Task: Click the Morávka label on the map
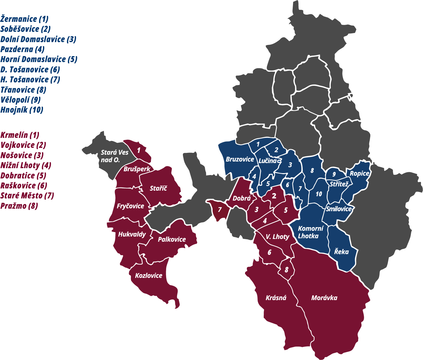(x=324, y=298)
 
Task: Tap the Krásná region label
(x=276, y=298)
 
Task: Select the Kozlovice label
(x=148, y=275)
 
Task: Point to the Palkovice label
(x=172, y=239)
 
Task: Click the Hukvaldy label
(x=132, y=234)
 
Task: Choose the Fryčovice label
(x=130, y=206)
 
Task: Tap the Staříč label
(x=158, y=188)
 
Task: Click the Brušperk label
(x=137, y=169)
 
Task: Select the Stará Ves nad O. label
(x=114, y=156)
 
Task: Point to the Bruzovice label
(x=240, y=159)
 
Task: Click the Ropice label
(x=359, y=173)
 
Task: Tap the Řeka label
(x=341, y=252)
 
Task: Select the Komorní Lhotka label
(x=310, y=232)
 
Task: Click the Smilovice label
(x=339, y=209)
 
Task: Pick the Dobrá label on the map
(x=242, y=198)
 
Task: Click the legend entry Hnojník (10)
(x=22, y=110)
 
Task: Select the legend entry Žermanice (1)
(x=24, y=19)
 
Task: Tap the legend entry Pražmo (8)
(x=19, y=206)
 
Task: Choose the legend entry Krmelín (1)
(x=20, y=135)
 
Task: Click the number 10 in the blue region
(x=319, y=194)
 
